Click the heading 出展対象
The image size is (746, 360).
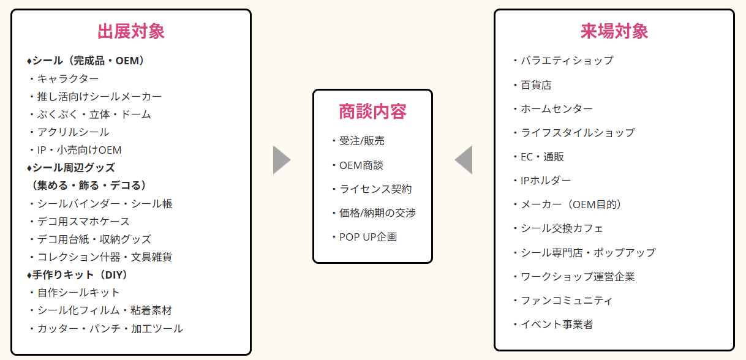(x=131, y=31)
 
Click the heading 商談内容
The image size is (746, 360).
(x=372, y=111)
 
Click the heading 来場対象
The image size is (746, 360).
(x=614, y=31)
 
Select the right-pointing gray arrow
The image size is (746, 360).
(x=281, y=160)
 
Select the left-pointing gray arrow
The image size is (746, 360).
(x=464, y=160)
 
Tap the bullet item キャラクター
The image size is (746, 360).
(x=67, y=78)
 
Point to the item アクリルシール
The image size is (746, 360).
(x=73, y=132)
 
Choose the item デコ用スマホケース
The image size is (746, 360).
(x=83, y=221)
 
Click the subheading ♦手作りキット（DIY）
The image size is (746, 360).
(x=78, y=275)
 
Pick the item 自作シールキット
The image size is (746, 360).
(x=78, y=293)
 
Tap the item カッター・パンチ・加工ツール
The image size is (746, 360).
(x=110, y=329)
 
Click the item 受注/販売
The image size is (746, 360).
(x=362, y=141)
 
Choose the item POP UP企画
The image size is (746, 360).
(x=368, y=237)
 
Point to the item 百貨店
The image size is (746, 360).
(x=536, y=85)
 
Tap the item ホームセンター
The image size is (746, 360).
(x=556, y=109)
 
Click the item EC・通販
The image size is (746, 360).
(x=542, y=157)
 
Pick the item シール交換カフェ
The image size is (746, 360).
(x=562, y=228)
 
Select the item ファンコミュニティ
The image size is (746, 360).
(x=566, y=301)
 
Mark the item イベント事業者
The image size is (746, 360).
(x=556, y=324)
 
